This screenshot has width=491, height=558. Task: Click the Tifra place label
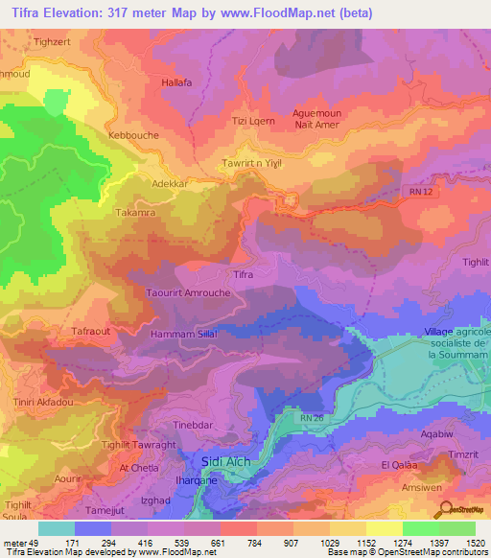point(244,274)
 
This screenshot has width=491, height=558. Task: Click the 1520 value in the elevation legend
point(475,543)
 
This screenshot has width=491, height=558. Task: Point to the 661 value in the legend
point(201,543)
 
